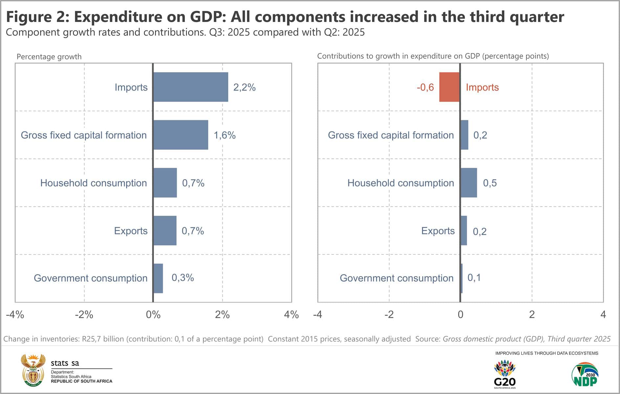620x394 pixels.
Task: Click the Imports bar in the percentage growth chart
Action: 190,87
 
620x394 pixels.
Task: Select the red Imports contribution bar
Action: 449,87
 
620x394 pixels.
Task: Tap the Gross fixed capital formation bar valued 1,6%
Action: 181,135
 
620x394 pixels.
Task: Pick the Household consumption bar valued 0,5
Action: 469,183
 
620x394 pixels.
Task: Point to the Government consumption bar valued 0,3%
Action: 158,278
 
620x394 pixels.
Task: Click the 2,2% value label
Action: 244,87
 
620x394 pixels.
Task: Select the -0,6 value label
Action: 425,87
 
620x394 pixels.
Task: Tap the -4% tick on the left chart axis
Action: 15,315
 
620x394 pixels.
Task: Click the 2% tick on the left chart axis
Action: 222,315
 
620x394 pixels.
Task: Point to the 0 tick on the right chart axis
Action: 460,315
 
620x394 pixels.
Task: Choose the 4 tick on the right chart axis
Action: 603,315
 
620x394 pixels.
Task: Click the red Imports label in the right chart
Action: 482,87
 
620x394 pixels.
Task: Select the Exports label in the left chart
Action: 131,231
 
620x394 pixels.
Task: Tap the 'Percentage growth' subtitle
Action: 49,56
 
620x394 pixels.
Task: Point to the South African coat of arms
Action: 33,370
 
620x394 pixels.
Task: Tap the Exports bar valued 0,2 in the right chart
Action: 464,230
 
